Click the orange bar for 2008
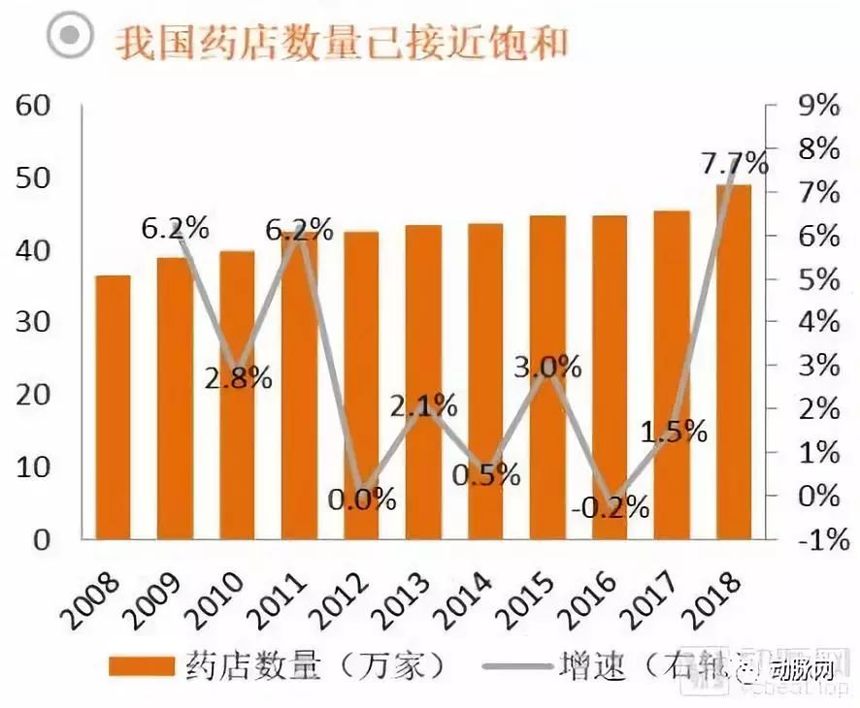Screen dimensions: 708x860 (113, 407)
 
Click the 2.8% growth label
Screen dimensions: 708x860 (238, 377)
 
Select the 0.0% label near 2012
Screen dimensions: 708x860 (362, 499)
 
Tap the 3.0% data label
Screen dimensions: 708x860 (547, 367)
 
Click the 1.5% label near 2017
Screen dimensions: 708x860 (674, 431)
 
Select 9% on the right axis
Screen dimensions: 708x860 (816, 106)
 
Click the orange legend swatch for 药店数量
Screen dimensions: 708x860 (139, 668)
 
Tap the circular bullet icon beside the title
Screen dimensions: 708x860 (70, 37)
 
